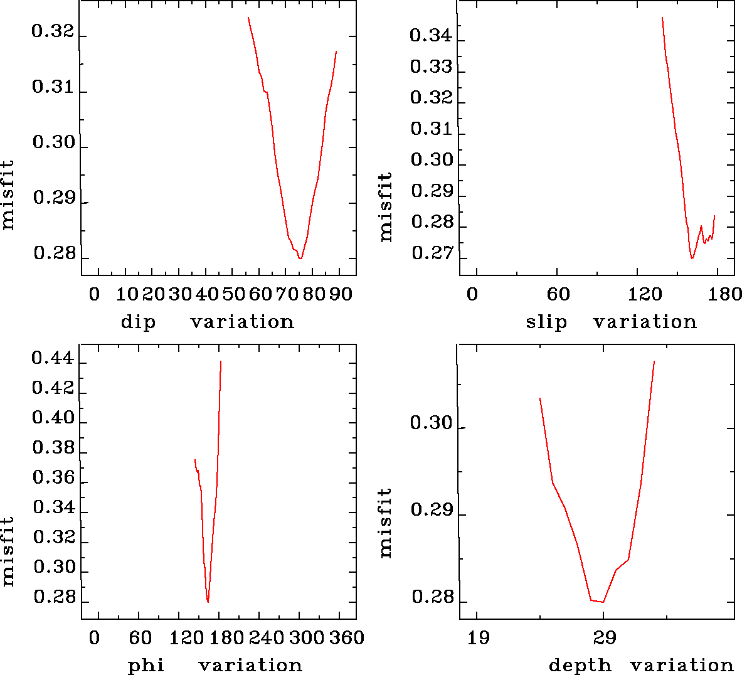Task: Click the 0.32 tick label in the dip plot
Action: pyautogui.click(x=53, y=32)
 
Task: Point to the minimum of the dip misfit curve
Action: pyautogui.click(x=300, y=258)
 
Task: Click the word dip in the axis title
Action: pyautogui.click(x=138, y=322)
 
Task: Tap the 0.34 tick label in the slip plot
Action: pyautogui.click(x=431, y=36)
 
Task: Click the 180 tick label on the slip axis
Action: pyautogui.click(x=728, y=294)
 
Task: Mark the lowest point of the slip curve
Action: pyautogui.click(x=692, y=258)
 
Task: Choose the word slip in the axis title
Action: pyautogui.click(x=546, y=322)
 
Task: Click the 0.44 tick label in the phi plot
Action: pyautogui.click(x=53, y=360)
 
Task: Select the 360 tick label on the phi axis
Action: pyautogui.click(x=347, y=638)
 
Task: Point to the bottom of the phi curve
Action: pyautogui.click(x=208, y=602)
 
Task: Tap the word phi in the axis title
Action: pyautogui.click(x=146, y=666)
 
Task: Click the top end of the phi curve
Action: pyautogui.click(x=221, y=361)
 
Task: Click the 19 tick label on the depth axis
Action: pyautogui.click(x=479, y=638)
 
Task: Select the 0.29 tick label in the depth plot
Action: pyautogui.click(x=432, y=510)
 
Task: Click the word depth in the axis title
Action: pyautogui.click(x=580, y=666)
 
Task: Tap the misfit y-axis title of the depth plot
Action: pyautogui.click(x=385, y=523)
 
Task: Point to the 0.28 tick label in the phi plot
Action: pyautogui.click(x=55, y=597)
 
